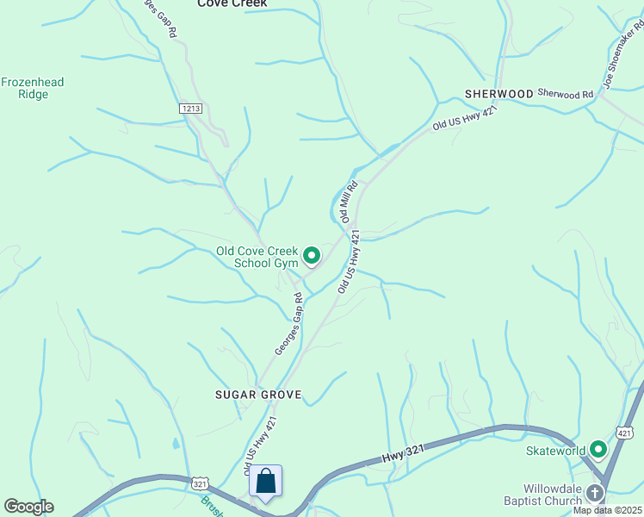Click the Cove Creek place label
click(x=232, y=3)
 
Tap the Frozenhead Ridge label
click(x=33, y=88)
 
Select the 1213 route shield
click(x=191, y=108)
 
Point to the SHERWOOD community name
click(x=499, y=93)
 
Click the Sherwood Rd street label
click(x=566, y=93)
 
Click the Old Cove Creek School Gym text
click(x=257, y=257)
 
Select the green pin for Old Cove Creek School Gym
click(x=311, y=255)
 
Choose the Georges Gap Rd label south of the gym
click(x=289, y=324)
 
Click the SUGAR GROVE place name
click(x=258, y=395)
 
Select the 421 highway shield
click(x=625, y=432)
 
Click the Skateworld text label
click(x=556, y=450)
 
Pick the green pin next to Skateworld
click(x=598, y=449)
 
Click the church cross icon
click(x=595, y=494)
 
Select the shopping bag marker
click(x=265, y=481)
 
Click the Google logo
click(x=28, y=506)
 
